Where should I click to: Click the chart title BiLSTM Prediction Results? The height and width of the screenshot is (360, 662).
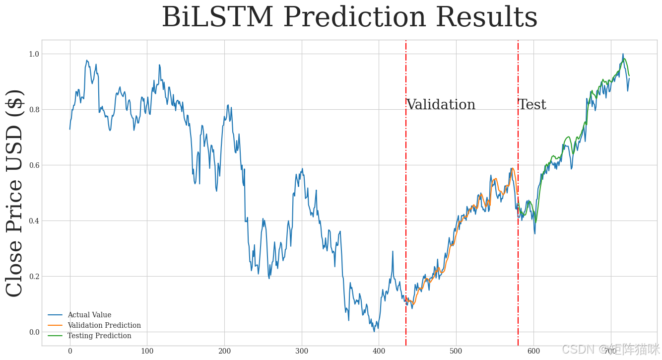coord(349,18)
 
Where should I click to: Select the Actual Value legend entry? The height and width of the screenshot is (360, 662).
coord(89,315)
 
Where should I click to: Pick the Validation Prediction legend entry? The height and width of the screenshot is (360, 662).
coord(104,325)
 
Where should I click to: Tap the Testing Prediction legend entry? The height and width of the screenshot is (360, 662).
coord(99,336)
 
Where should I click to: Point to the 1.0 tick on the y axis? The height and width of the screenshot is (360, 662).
coord(33,54)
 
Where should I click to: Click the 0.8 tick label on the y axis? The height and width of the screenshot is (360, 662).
coord(33,109)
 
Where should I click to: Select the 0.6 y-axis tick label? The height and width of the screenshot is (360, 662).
coord(33,165)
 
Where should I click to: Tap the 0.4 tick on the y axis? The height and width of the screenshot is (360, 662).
coord(33,220)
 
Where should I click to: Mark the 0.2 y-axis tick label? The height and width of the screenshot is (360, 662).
coord(33,276)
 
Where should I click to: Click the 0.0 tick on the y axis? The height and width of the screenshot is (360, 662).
coord(33,332)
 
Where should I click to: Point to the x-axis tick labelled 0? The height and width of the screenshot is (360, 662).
coord(70,352)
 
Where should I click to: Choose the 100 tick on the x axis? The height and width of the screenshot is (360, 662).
coord(147,352)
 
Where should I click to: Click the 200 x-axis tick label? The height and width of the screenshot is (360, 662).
coord(224,352)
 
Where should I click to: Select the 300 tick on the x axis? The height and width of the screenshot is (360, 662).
coord(302,352)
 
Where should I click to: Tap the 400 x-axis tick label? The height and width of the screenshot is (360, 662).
coord(379,352)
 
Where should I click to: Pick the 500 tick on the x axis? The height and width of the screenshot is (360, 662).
coord(456,352)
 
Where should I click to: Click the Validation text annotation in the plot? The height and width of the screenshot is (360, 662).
coord(441,105)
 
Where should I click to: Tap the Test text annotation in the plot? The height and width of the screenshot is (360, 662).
coord(532,105)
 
